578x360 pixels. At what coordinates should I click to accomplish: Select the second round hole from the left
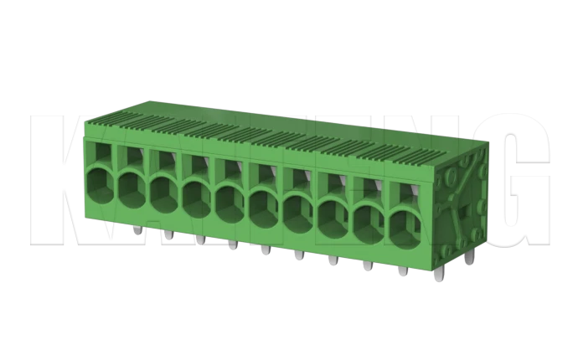point(132,188)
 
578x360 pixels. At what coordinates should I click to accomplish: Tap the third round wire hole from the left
point(164,193)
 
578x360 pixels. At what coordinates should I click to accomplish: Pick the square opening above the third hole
point(164,159)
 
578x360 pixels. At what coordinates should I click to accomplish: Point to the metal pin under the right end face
point(469,260)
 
